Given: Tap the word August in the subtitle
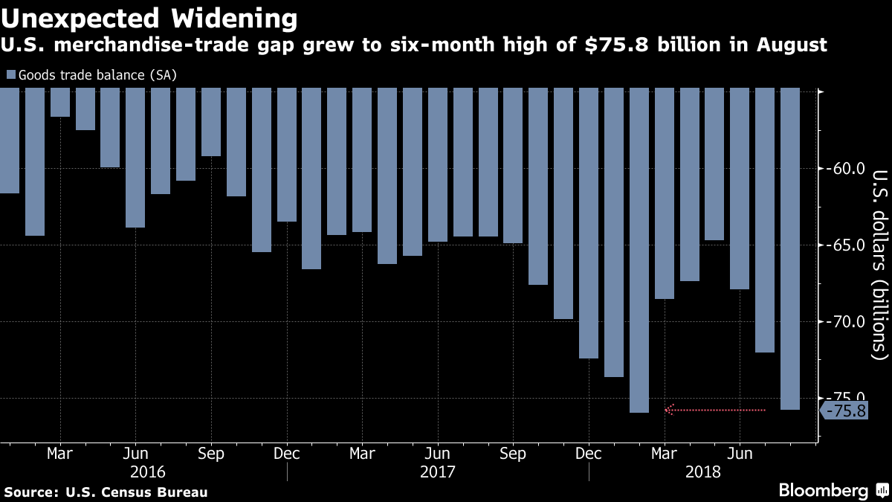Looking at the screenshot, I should point(792,45).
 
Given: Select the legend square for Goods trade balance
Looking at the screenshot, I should point(10,75).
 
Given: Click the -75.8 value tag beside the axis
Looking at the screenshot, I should point(844,411).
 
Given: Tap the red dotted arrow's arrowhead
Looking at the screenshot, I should point(669,410).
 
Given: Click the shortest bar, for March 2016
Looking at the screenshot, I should point(60,103).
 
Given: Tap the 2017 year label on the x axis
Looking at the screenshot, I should point(438,472).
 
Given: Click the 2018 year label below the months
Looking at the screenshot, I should point(703,472).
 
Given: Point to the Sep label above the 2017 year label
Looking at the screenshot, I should point(513,454).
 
